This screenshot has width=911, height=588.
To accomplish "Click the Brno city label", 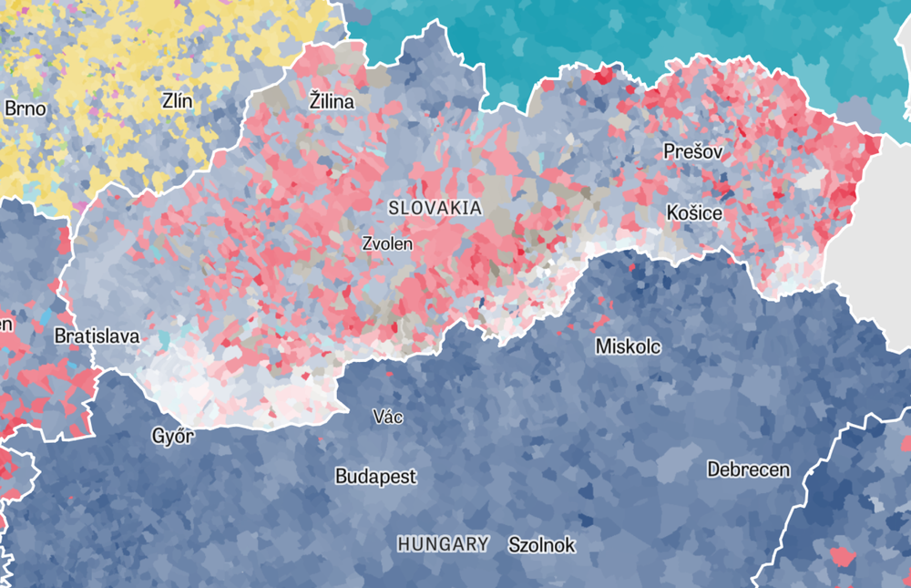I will (25, 108).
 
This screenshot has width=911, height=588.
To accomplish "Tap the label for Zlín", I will (177, 101).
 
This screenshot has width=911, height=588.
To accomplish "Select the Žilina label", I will (331, 101).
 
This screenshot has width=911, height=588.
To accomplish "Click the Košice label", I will (694, 212).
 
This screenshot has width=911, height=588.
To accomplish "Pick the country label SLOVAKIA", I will (435, 208).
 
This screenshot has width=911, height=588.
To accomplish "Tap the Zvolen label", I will (387, 243).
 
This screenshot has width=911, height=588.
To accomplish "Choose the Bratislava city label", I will (97, 335).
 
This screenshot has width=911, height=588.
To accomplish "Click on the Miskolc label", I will (628, 346).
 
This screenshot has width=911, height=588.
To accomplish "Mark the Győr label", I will (173, 436).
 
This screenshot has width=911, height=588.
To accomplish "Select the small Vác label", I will (387, 417).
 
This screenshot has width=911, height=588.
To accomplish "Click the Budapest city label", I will (375, 476).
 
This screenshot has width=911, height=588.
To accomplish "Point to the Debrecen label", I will (749, 469).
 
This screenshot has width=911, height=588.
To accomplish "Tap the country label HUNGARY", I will (443, 544).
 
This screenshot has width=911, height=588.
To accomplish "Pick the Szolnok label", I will (541, 545).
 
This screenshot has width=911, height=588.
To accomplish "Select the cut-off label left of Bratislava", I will (6, 325).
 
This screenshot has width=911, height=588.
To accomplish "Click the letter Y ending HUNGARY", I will (483, 544).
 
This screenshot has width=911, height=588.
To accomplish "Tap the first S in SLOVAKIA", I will (394, 208).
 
